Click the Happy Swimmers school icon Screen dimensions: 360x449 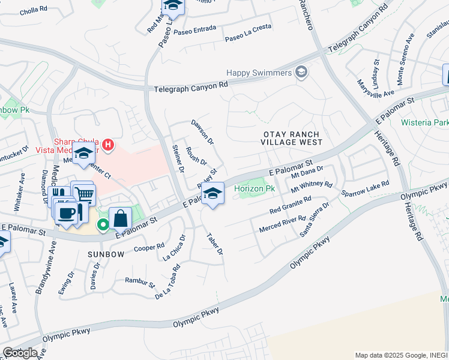coord(301,73)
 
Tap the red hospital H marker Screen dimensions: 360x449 coord(108,145)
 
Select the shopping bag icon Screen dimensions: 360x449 coord(120,218)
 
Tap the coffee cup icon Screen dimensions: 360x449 coord(66,212)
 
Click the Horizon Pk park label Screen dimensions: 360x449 coord(255,188)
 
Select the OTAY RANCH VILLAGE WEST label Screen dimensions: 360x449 coord(292,138)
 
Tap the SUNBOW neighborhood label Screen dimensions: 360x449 coord(105,254)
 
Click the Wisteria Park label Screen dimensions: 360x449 coord(425,122)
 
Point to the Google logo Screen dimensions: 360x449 coord(20,353)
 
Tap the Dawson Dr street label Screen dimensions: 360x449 coord(202,131)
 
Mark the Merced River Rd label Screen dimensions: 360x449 coord(283,226)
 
